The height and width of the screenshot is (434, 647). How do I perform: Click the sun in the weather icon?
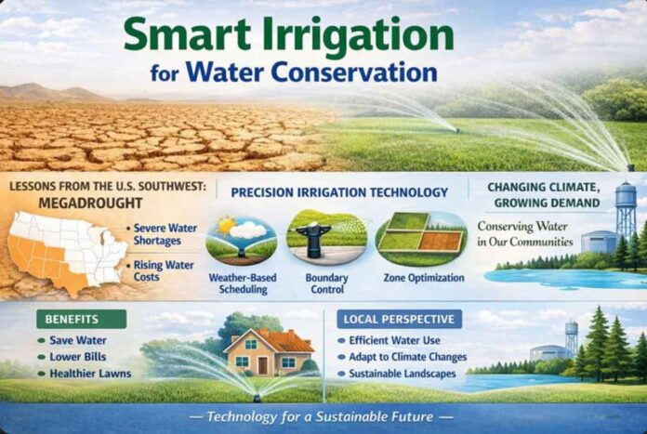click(x=225, y=225)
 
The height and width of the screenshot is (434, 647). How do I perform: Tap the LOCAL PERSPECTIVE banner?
click(x=399, y=319)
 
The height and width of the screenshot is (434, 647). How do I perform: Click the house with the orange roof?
click(x=268, y=352)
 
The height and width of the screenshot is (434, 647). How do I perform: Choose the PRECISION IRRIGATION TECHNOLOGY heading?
click(x=339, y=192)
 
